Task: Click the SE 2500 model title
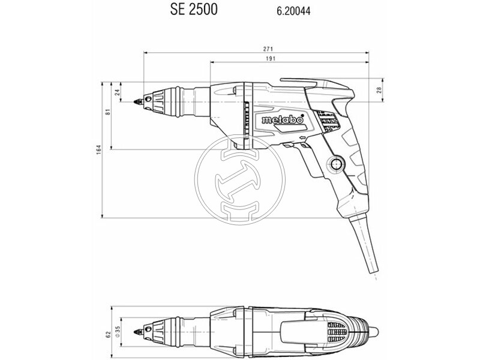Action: [x=194, y=9]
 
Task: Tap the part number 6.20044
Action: [x=293, y=11]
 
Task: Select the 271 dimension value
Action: [x=268, y=49]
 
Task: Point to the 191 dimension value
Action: [x=271, y=58]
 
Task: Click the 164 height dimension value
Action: [x=98, y=149]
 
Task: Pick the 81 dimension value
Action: [x=108, y=112]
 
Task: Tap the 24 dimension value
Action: [x=117, y=92]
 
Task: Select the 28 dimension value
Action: [x=379, y=90]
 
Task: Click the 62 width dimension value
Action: [x=108, y=335]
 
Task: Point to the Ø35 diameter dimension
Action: [x=118, y=332]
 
